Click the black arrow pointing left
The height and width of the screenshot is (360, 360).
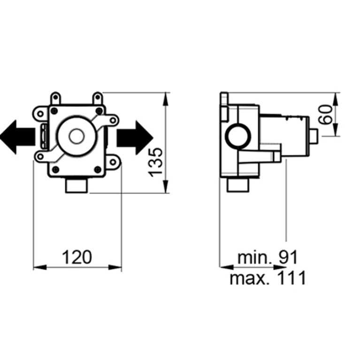coord(17,137)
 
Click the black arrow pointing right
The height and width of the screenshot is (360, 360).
coord(135,138)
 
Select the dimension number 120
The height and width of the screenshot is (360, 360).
coord(77,257)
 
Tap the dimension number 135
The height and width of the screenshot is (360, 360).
coord(155,162)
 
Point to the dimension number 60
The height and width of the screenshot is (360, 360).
coord(326,115)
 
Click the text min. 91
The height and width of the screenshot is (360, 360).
coord(268,257)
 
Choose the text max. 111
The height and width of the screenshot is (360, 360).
coord(268,277)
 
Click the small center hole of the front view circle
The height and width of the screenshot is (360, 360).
coord(77,137)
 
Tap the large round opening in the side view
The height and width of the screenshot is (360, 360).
coord(238,136)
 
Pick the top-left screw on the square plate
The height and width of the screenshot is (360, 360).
coord(54,111)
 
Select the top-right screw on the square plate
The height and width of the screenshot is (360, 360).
coord(99,111)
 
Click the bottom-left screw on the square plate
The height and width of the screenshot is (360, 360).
coord(55,169)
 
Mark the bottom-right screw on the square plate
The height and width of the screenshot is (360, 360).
coord(98,169)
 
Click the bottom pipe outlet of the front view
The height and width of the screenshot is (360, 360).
coord(77,185)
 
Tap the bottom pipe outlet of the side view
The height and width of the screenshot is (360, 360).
coord(238,185)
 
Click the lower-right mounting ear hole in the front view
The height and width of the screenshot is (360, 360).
coord(113,162)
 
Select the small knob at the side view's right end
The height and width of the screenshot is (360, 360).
coord(314,136)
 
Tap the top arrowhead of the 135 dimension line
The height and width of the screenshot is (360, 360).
coord(166,99)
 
